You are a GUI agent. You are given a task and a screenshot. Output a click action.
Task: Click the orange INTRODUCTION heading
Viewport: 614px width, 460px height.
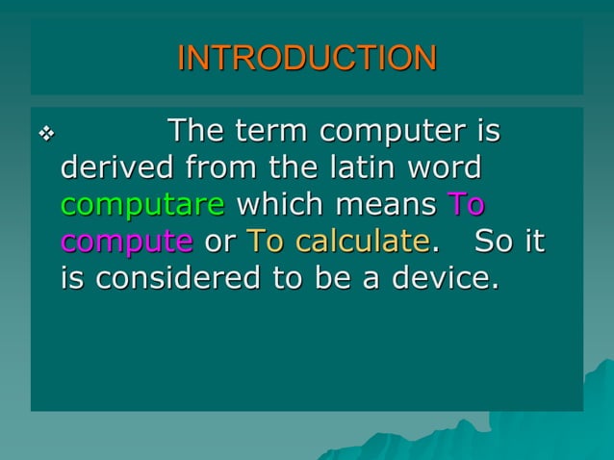click(x=307, y=58)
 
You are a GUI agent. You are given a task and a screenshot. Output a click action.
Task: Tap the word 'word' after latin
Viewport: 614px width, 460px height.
click(x=445, y=168)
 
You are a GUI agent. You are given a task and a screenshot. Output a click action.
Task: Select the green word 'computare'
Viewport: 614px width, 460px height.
click(x=143, y=206)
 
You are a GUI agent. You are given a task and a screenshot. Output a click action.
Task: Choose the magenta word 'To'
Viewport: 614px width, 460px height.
click(x=467, y=205)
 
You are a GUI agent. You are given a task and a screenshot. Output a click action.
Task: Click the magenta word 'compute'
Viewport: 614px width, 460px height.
click(x=126, y=243)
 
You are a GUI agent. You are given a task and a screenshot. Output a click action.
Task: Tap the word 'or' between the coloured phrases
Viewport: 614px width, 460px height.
click(x=219, y=243)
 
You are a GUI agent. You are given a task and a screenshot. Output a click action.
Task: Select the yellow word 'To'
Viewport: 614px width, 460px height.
click(x=267, y=242)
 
